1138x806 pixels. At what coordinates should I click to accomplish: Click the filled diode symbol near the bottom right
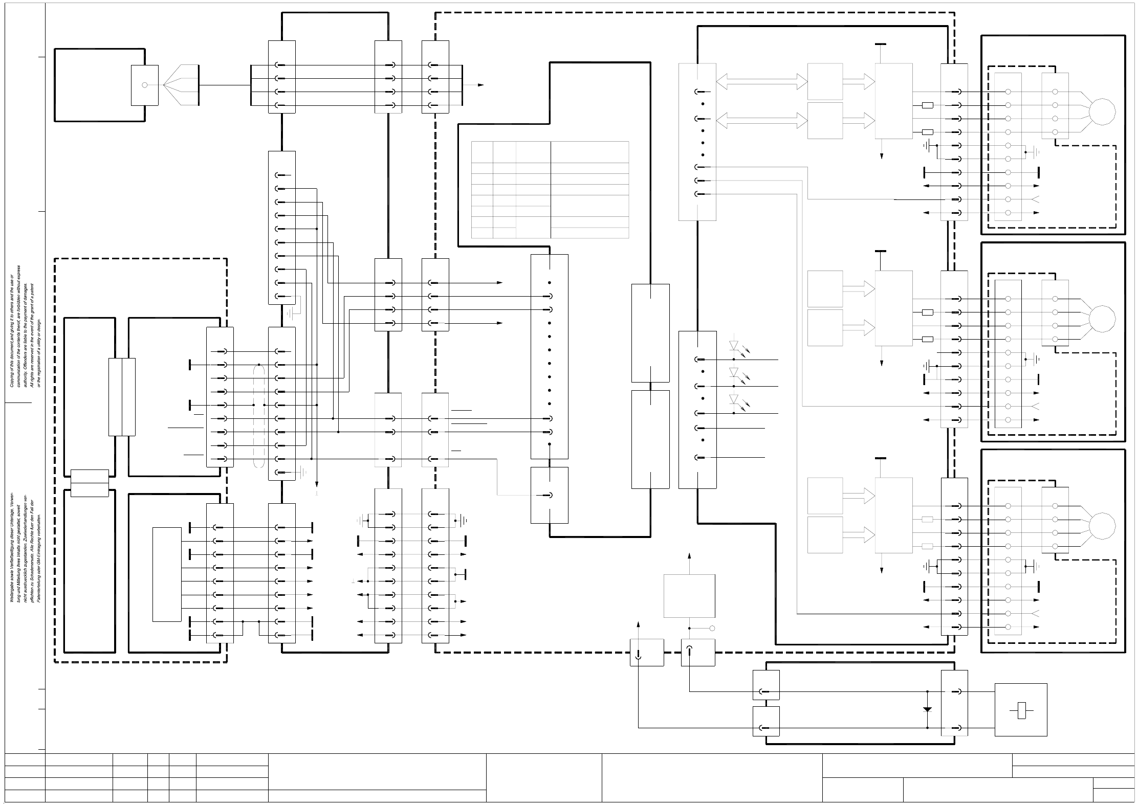pos(927,710)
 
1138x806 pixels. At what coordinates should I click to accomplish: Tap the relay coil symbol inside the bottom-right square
pos(1021,711)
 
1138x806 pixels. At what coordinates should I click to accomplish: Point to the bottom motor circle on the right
pos(1102,526)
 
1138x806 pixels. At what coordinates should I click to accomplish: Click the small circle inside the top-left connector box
pos(144,85)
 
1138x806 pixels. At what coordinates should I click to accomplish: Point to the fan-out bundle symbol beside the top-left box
pos(181,85)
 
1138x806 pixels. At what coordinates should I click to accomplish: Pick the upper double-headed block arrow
pos(761,80)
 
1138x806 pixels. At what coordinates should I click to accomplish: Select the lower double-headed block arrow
pos(761,120)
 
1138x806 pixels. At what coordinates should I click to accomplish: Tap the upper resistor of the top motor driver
pos(927,105)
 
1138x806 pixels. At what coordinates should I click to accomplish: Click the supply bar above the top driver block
pos(881,44)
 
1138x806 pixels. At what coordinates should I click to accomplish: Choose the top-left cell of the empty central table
pos(482,152)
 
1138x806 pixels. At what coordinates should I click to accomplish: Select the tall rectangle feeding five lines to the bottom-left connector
pos(167,574)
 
